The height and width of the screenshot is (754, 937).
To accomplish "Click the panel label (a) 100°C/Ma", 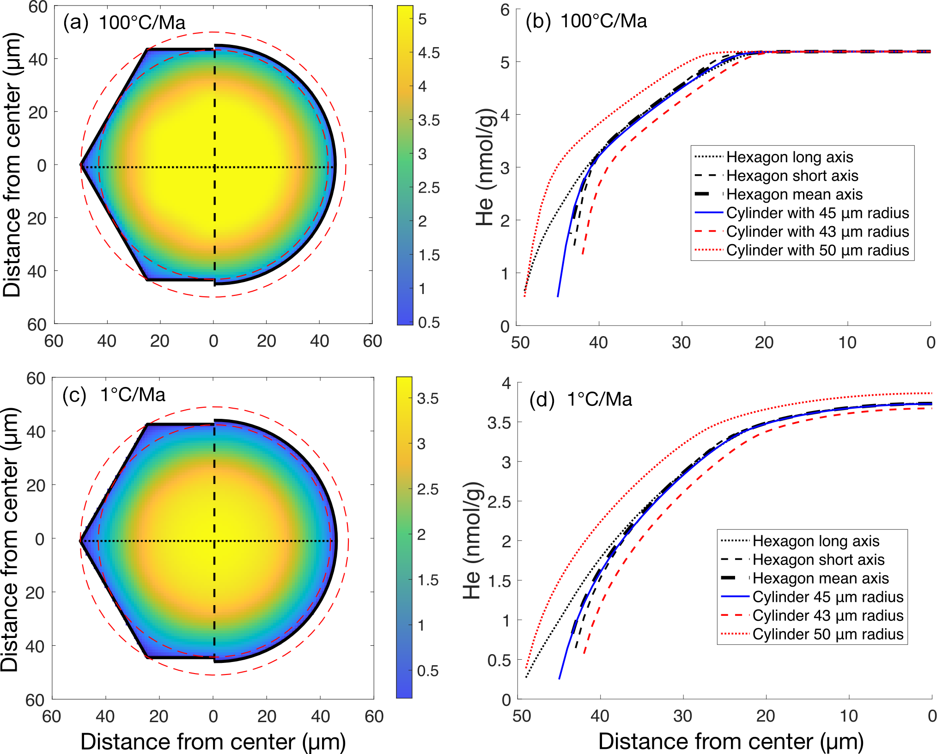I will pyautogui.click(x=124, y=23).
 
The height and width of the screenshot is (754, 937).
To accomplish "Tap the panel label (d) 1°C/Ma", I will pyautogui.click(x=580, y=399).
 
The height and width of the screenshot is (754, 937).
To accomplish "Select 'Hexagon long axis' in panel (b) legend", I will pyautogui.click(x=789, y=157).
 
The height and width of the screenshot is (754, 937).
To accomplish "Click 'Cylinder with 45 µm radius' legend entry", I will pyautogui.click(x=817, y=213).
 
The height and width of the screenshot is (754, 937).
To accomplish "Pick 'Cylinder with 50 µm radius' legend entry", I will pyautogui.click(x=817, y=250).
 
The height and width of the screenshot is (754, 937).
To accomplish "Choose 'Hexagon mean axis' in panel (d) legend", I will pyautogui.click(x=820, y=578).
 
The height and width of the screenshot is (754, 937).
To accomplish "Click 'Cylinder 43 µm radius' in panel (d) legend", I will pyautogui.click(x=827, y=615).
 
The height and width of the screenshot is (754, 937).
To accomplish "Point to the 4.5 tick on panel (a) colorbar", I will pyautogui.click(x=429, y=53).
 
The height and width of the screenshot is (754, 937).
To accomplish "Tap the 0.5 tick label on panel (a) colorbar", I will pyautogui.click(x=429, y=323).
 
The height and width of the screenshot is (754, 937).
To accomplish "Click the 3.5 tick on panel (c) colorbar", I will pyautogui.click(x=427, y=398).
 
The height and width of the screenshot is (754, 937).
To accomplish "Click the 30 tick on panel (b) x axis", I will pyautogui.click(x=681, y=343).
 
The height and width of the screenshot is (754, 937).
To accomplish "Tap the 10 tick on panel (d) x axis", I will pyautogui.click(x=848, y=716).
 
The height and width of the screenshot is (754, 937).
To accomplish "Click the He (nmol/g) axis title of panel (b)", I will pyautogui.click(x=485, y=167).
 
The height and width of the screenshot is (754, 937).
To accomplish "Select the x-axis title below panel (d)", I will pyautogui.click(x=731, y=742).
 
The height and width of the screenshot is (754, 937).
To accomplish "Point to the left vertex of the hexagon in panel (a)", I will pyautogui.click(x=81, y=165).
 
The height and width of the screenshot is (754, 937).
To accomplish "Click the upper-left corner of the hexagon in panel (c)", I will pyautogui.click(x=147, y=424).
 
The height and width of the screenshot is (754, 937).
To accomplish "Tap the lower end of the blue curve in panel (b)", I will pyautogui.click(x=558, y=296).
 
